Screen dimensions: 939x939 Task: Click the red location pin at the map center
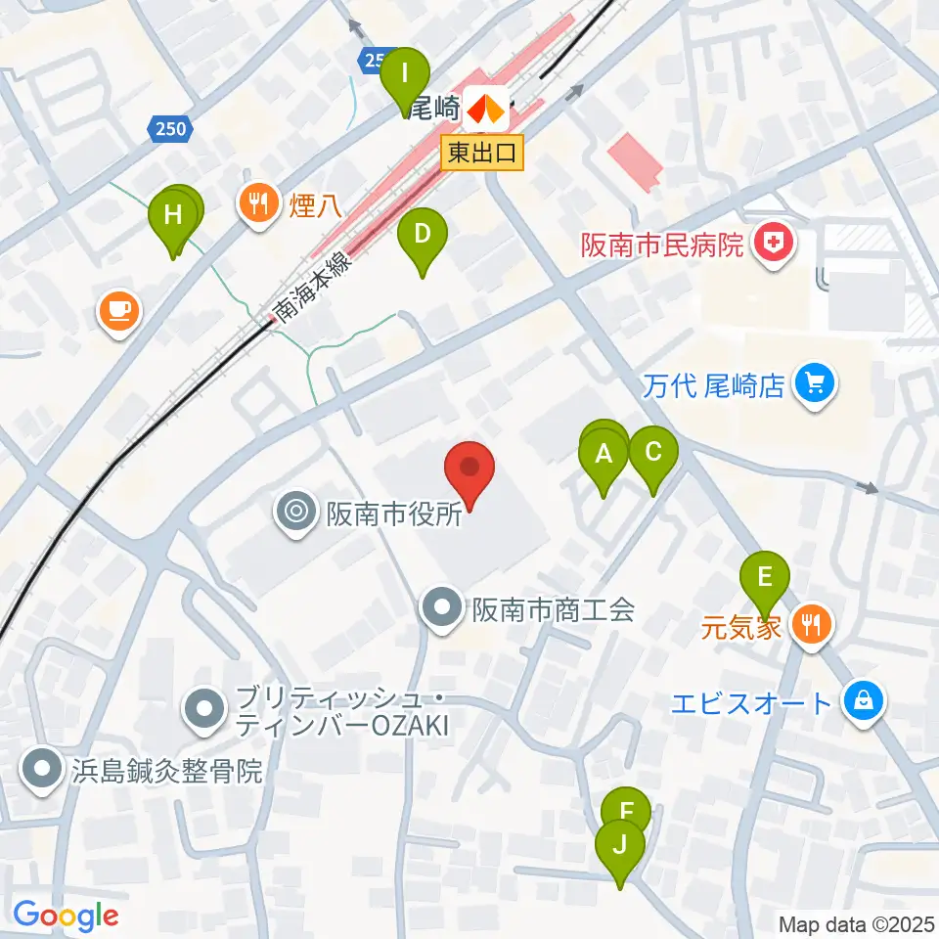pyautogui.click(x=469, y=469)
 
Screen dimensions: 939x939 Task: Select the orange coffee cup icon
pyautogui.click(x=119, y=312)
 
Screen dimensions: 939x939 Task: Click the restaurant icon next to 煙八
pyautogui.click(x=258, y=203)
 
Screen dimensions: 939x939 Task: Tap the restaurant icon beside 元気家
pyautogui.click(x=811, y=624)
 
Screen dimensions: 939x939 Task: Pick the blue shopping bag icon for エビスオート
pyautogui.click(x=865, y=701)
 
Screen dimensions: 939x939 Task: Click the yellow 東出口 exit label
pyautogui.click(x=483, y=153)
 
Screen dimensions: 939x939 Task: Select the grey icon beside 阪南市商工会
pyautogui.click(x=441, y=608)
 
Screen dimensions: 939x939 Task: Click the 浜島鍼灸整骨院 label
pyautogui.click(x=167, y=770)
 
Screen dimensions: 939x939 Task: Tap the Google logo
pyautogui.click(x=66, y=917)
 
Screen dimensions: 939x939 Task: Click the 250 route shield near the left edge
pyautogui.click(x=172, y=127)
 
